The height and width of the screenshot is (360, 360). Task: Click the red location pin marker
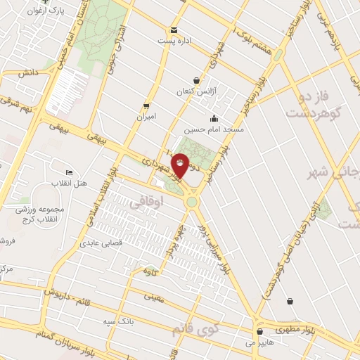pos(181,167)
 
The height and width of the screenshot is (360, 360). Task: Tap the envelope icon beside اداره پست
pos(173,30)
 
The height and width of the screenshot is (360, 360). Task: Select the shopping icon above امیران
pos(146,105)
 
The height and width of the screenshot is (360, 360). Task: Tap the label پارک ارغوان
pos(42,12)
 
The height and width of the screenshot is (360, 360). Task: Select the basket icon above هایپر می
pos(260,331)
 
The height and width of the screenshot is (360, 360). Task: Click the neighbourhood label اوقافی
pos(146,203)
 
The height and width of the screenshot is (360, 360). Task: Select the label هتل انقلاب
pos(75,184)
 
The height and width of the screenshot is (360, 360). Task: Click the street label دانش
pos(27,72)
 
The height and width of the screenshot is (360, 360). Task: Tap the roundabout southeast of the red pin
pos(191,202)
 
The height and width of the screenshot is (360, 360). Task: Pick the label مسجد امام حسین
pos(214,130)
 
